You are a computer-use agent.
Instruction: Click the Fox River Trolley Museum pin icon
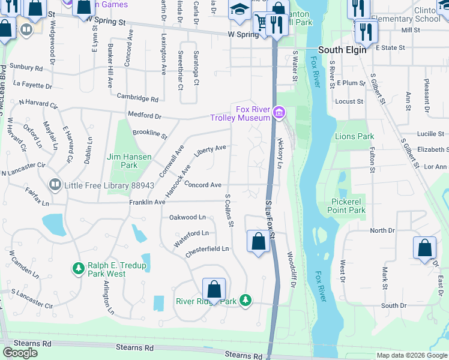tap(278, 112)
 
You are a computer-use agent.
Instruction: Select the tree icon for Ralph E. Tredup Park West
tap(77, 268)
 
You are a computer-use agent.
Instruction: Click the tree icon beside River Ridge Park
tap(245, 299)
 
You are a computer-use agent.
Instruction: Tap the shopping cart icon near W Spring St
tap(262, 22)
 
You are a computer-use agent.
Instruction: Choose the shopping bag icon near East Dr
tap(424, 248)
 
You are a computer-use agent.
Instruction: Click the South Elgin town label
tap(342, 50)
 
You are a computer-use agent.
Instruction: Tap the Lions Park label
tap(354, 136)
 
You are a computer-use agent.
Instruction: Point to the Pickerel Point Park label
tap(347, 206)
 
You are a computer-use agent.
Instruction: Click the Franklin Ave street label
tap(147, 203)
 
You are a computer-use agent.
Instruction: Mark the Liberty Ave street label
tap(210, 148)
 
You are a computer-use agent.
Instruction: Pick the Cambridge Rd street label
tap(137, 98)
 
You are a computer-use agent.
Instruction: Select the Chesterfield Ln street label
tap(207, 248)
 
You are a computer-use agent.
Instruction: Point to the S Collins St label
tap(229, 210)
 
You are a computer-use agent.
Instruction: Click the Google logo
tap(20, 352)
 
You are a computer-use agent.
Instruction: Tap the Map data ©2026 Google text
tap(411, 355)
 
